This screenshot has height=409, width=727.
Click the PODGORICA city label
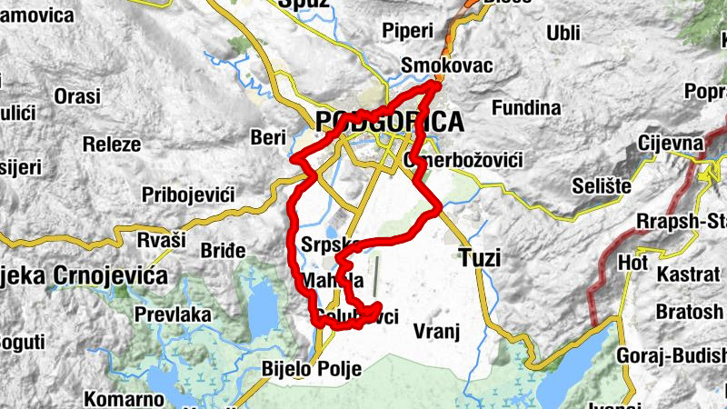point(389,122)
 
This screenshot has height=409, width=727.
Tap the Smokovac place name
point(447,65)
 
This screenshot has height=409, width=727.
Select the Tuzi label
point(480,258)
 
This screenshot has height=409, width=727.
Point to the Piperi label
point(408,31)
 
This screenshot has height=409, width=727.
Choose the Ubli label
point(563,33)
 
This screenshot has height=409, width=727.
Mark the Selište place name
point(602,185)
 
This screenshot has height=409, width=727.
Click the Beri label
point(267,137)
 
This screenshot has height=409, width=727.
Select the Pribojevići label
point(188,195)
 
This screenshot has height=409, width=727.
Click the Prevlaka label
point(173,314)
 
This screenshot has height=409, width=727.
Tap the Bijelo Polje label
point(311,369)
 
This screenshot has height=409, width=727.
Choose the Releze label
point(111,144)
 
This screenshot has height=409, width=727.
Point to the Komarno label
point(124,398)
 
